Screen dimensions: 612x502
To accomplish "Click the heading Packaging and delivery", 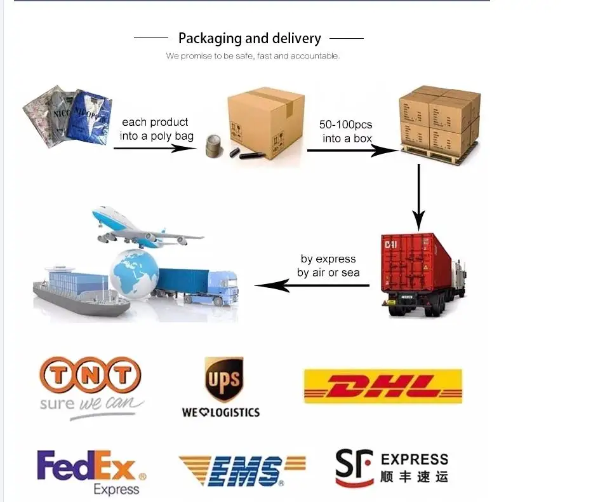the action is click(249, 38).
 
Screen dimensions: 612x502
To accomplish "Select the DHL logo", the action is click(383, 386).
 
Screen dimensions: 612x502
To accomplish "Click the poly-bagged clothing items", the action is click(67, 114).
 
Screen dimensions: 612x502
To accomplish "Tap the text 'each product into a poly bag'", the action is click(156, 129).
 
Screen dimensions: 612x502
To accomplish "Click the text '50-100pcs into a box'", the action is click(346, 130).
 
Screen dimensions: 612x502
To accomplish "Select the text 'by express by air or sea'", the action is click(328, 266).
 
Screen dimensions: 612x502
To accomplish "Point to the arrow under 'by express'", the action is click(312, 285).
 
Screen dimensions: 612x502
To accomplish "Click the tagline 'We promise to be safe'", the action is click(253, 56).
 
